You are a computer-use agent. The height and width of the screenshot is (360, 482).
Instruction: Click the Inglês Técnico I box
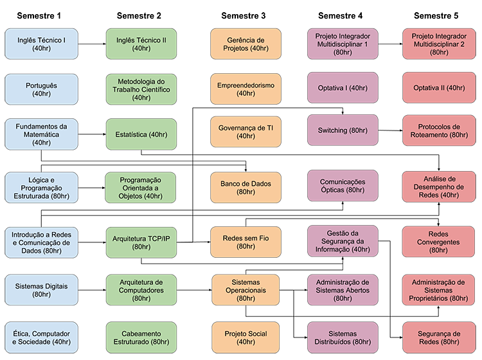pyautogui.click(x=41, y=44)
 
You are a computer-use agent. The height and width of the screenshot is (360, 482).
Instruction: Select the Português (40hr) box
pyautogui.click(x=41, y=89)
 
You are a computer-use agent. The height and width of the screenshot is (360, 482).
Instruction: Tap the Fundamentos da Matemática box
pyautogui.click(x=41, y=134)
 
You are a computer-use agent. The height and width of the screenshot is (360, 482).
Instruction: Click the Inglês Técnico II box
pyautogui.click(x=141, y=44)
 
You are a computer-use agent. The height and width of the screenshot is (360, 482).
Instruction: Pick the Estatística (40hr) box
pyautogui.click(x=141, y=134)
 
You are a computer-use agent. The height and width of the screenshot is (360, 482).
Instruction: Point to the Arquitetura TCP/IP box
pyautogui.click(x=141, y=242)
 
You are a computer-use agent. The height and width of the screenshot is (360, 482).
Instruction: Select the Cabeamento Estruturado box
pyautogui.click(x=141, y=338)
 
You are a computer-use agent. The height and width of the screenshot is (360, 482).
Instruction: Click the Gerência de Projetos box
pyautogui.click(x=245, y=44)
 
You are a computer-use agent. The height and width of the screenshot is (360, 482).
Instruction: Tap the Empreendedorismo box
pyautogui.click(x=245, y=89)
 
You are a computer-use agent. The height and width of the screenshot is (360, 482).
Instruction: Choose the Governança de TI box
pyautogui.click(x=245, y=132)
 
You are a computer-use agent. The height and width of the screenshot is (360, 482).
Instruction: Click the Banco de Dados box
pyautogui.click(x=245, y=188)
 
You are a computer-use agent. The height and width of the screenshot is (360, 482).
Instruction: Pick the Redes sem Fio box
pyautogui.click(x=245, y=242)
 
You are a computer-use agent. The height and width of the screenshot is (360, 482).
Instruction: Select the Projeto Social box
pyautogui.click(x=245, y=338)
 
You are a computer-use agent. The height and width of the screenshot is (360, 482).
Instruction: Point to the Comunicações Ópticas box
pyautogui.click(x=342, y=186)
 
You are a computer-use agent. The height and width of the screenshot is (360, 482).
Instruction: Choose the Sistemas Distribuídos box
pyautogui.click(x=342, y=338)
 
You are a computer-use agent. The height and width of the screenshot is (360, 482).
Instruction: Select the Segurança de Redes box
pyautogui.click(x=439, y=338)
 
